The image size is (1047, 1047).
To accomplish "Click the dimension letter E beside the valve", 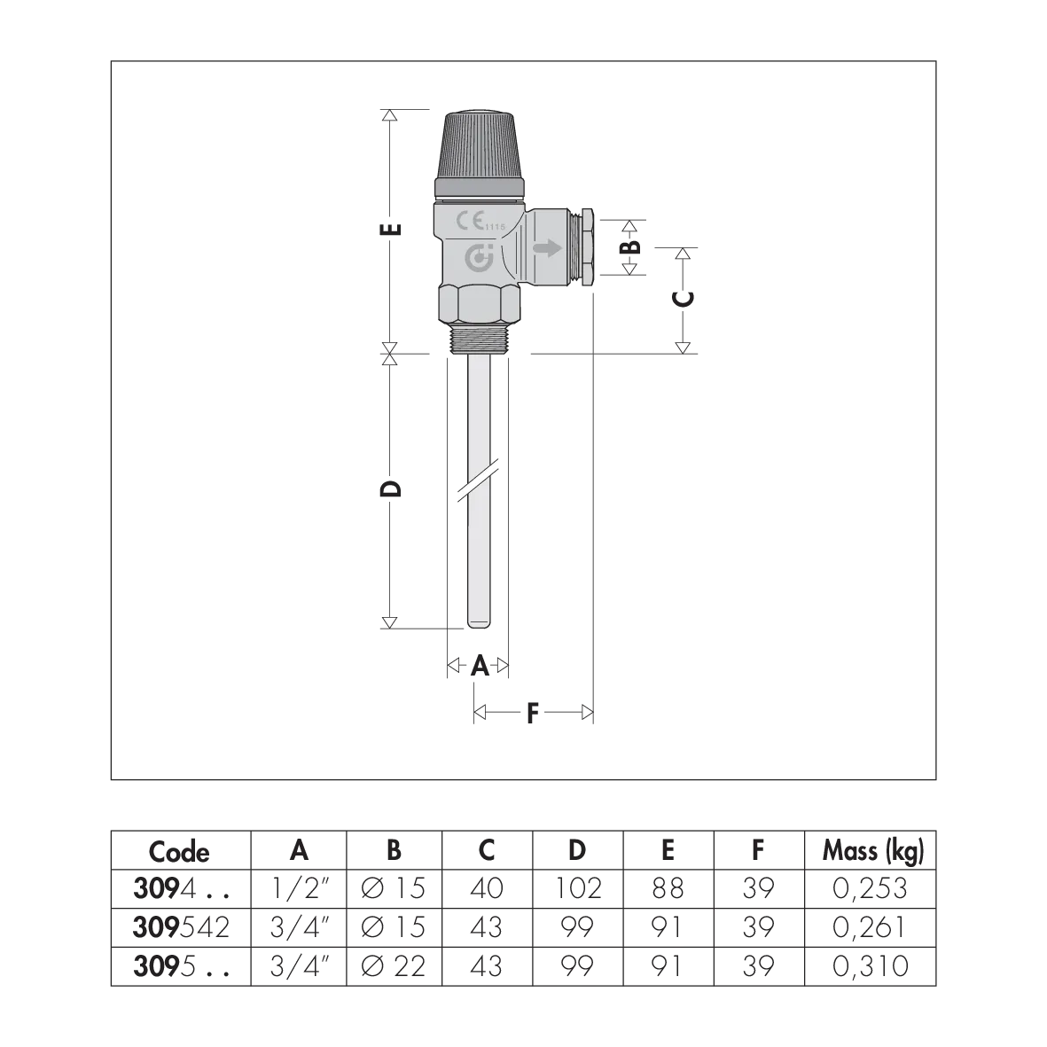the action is pyautogui.click(x=391, y=229).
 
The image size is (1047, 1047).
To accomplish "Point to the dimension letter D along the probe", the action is pyautogui.click(x=391, y=488).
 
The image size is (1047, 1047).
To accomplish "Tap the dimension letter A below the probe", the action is pyautogui.click(x=481, y=666).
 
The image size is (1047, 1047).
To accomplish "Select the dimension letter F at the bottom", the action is pyautogui.click(x=532, y=713).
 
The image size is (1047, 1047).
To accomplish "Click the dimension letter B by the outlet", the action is pyautogui.click(x=630, y=246).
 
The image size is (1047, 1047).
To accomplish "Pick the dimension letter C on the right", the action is pyautogui.click(x=684, y=299).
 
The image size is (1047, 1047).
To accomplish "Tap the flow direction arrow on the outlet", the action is pyautogui.click(x=548, y=249).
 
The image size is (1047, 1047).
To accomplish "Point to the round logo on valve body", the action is pyautogui.click(x=479, y=259).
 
